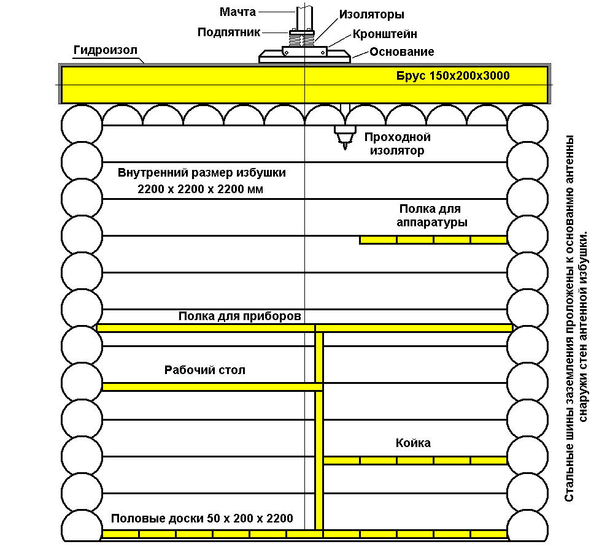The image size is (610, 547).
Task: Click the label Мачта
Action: click(237, 12)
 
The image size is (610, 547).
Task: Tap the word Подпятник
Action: click(229, 33)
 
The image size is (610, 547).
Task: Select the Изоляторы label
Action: click(371, 15)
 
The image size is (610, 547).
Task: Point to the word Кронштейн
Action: click(385, 34)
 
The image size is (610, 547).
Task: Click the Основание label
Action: click(402, 52)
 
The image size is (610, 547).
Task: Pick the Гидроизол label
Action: click(106, 50)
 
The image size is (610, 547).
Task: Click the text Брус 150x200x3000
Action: click(453, 75)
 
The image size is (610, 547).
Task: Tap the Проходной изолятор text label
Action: click(397, 144)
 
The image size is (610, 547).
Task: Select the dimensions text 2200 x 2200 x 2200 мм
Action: click(200, 189)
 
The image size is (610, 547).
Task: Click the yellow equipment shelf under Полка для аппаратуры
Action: click(433, 240)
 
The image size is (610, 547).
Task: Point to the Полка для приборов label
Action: click(239, 316)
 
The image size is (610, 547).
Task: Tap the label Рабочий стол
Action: click(204, 370)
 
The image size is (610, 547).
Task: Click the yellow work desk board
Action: click(212, 387)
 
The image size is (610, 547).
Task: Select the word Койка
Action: click(413, 443)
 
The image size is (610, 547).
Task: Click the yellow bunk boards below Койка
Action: click(415, 461)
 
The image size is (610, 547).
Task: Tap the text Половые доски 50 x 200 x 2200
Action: click(202, 518)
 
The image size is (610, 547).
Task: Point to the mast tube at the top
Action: click(304, 18)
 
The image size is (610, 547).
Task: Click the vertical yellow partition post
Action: click(319, 430)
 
